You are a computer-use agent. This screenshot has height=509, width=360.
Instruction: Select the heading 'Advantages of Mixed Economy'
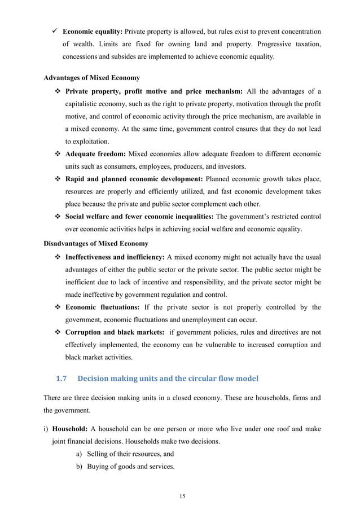point(92,77)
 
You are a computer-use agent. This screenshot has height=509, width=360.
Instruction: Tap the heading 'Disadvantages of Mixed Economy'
point(96,244)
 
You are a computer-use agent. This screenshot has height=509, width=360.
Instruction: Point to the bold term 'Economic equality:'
point(93,32)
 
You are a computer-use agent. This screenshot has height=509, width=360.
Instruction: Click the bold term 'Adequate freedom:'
point(96,154)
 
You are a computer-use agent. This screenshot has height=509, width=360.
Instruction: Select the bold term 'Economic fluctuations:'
point(103,308)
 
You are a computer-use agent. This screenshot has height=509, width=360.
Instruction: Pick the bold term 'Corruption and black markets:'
point(115,332)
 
